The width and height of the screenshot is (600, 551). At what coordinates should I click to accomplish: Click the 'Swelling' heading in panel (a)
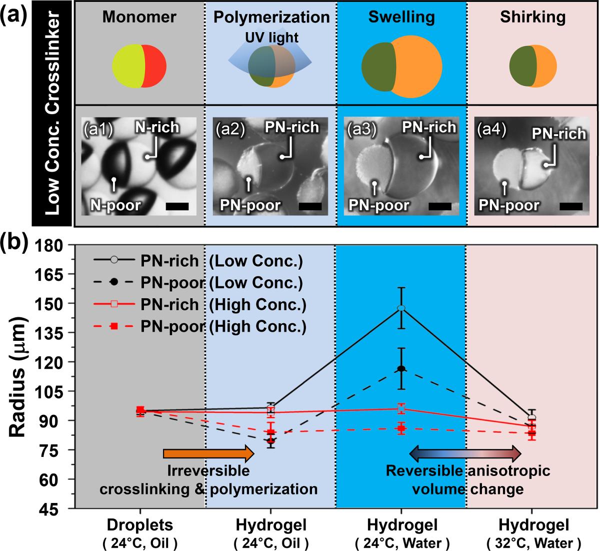401,17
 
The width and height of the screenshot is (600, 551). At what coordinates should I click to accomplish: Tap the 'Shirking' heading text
533,17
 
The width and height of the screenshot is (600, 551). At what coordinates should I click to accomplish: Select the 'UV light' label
271,38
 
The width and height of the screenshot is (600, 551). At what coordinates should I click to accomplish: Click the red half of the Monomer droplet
154,66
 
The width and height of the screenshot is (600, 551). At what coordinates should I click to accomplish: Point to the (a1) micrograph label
97,130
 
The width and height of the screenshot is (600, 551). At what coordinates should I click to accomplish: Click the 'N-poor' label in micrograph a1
115,205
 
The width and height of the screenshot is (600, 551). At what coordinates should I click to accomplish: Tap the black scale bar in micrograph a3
440,206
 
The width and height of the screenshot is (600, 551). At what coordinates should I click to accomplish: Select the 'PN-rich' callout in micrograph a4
558,134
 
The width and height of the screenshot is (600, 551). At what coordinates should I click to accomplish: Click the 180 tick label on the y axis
49,245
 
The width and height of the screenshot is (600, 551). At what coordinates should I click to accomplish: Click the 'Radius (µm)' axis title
17,377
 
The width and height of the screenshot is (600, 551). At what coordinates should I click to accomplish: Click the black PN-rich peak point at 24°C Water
401,308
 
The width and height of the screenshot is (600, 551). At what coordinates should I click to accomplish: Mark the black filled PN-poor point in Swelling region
401,369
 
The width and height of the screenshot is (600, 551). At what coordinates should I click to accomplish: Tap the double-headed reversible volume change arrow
465,453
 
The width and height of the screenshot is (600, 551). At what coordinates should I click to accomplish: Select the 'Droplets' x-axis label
140,525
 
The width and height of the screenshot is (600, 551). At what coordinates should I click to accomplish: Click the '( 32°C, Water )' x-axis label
534,543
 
